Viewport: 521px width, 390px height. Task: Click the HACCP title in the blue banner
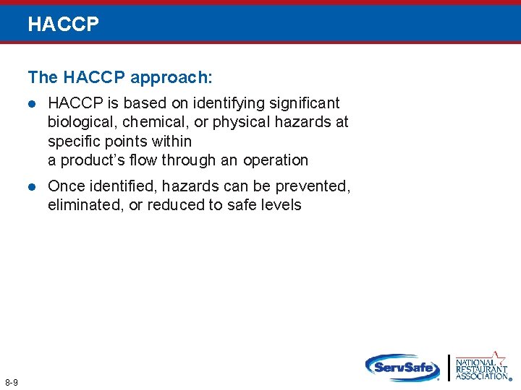pos(63,24)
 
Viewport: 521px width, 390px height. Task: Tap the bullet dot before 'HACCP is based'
pos(31,104)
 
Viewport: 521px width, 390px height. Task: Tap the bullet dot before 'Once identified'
pos(31,187)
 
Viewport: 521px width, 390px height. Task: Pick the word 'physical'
pos(240,122)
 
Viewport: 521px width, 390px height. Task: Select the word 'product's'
pos(91,160)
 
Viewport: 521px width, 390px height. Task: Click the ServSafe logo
pos(402,367)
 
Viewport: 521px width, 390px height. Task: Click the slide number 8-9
pos(12,381)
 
